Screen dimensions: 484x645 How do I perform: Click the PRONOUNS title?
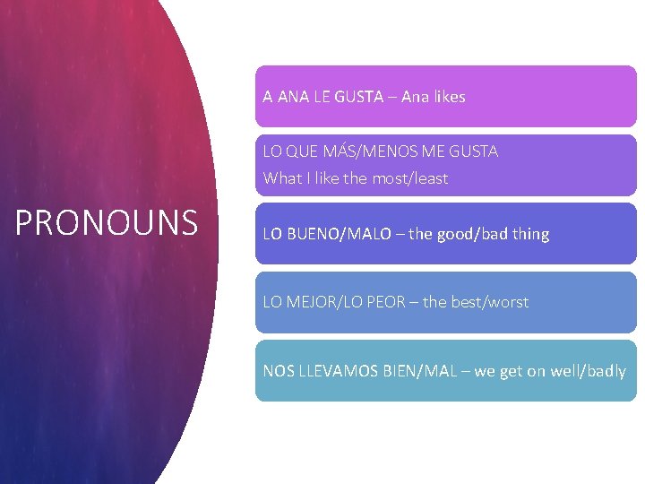point(106,222)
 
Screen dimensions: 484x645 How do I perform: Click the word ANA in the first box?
point(293,97)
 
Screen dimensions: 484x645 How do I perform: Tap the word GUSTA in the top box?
point(358,97)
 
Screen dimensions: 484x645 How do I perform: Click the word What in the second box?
point(282,178)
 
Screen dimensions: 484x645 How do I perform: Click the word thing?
point(531,234)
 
